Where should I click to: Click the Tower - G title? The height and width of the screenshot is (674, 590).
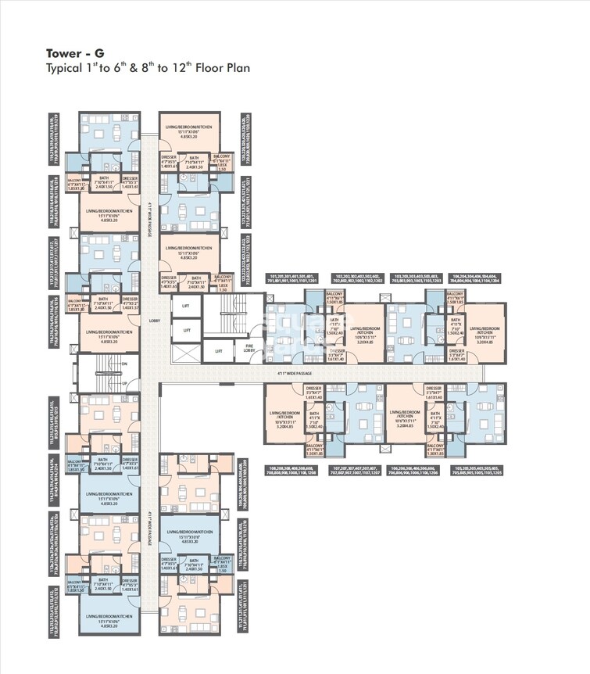click(70, 53)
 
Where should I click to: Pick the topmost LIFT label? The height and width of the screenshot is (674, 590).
click(186, 307)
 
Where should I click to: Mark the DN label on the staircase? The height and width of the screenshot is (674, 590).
click(123, 364)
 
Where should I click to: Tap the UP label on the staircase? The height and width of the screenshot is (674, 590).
click(123, 382)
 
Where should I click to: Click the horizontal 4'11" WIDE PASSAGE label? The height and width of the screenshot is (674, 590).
click(348, 374)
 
